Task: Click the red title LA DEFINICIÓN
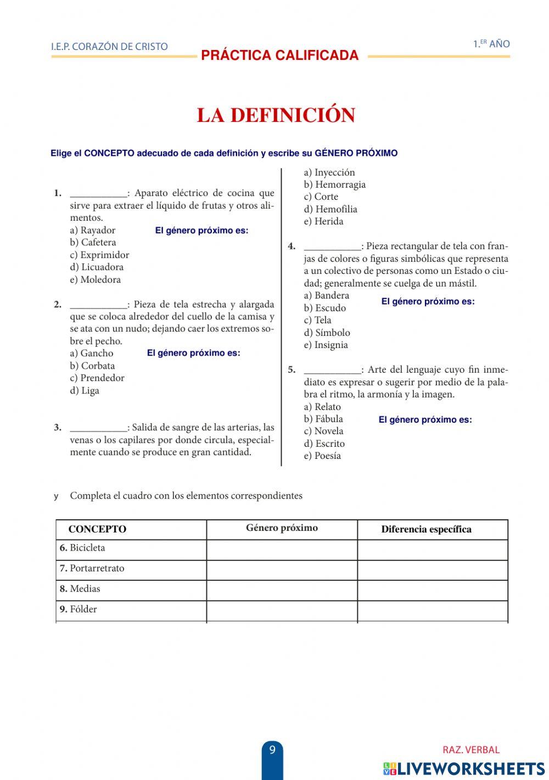coord(276,115)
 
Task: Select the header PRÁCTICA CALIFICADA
coord(279,55)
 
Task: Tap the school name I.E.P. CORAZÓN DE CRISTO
coord(109,47)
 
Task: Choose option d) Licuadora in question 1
coord(97,267)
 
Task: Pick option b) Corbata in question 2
coord(92,366)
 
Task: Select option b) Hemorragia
coord(334,185)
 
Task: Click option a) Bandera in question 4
coord(326,295)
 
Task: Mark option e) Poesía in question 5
coord(322,456)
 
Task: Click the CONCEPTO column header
coord(97,529)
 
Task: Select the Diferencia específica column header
coord(426,529)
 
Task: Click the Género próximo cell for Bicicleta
coord(282,549)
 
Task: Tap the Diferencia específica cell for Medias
coord(432,590)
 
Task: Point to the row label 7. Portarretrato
coord(92,569)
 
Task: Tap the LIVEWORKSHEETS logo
coord(464,768)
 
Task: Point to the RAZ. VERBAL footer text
coord(471,750)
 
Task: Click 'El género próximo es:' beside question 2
coord(193,353)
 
